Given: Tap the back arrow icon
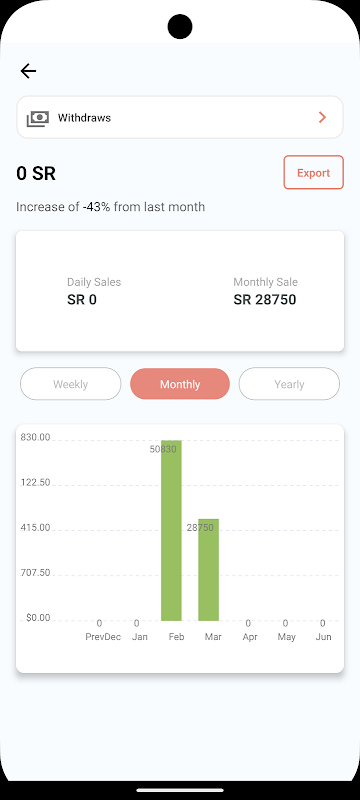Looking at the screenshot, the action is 29,71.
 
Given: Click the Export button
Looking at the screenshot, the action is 314,172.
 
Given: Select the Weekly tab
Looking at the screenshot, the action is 70,384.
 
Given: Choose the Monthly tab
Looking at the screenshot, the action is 180,384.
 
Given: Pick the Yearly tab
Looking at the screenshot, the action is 289,384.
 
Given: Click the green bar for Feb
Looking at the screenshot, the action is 171,531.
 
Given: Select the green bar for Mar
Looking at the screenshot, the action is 209,570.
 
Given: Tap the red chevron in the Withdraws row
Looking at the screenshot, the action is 322,118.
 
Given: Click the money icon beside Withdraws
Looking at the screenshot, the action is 38,118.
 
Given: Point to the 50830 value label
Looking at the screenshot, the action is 163,449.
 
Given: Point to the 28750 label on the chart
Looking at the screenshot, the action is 200,528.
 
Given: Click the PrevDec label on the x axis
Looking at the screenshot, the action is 103,637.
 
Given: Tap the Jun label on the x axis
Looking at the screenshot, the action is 323,637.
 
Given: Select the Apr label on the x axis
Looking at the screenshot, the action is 250,637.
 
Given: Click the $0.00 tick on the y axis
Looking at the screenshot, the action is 38,618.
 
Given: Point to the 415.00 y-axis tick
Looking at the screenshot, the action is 36,528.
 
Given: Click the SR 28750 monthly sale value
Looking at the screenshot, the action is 265,299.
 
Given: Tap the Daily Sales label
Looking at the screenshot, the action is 94,282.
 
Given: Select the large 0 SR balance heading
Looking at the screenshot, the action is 36,173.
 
